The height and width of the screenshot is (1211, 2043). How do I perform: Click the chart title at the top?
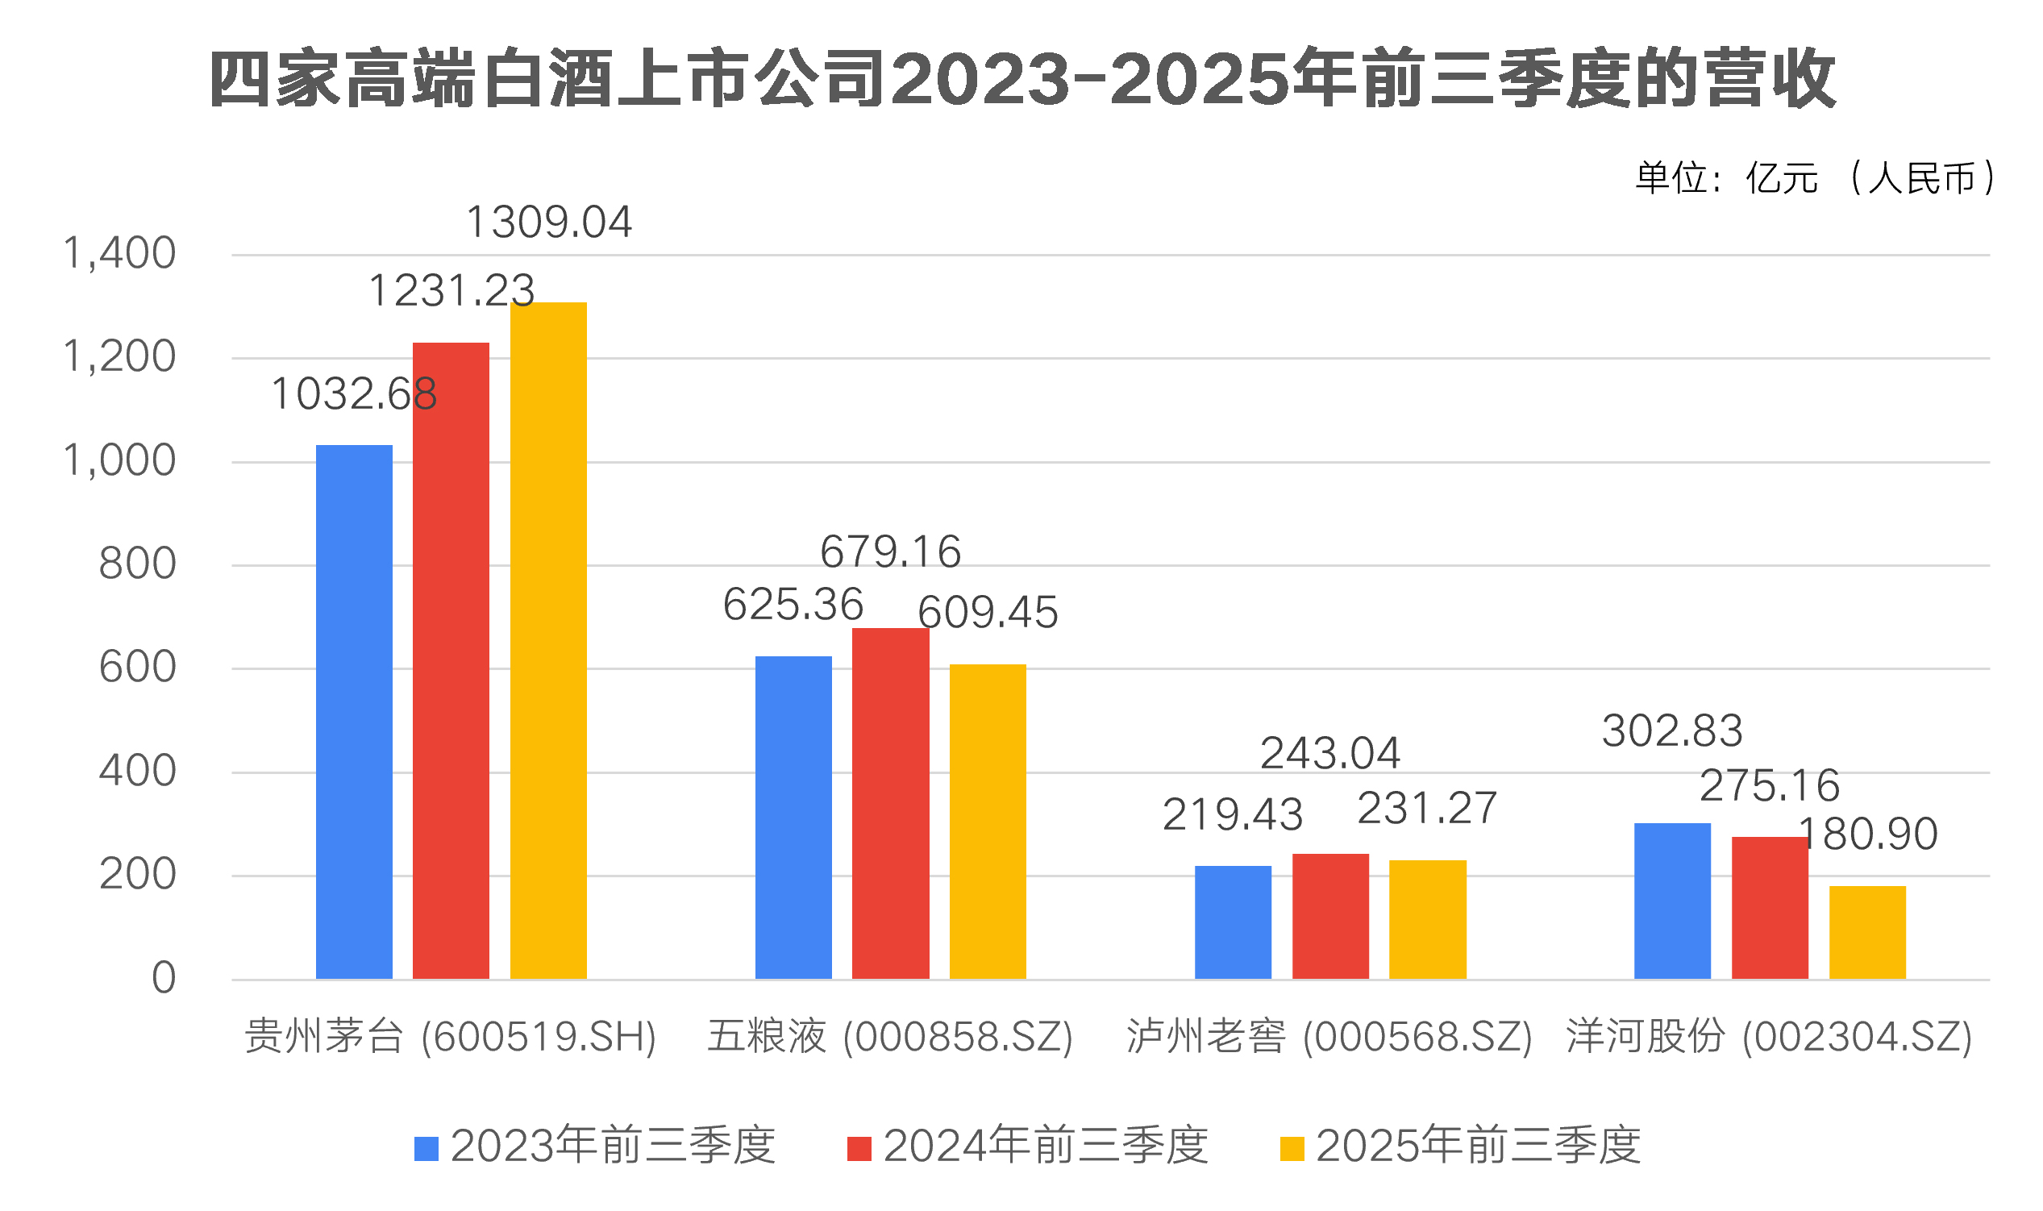[x=1021, y=79]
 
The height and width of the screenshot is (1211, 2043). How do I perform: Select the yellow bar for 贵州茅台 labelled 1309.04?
[x=548, y=641]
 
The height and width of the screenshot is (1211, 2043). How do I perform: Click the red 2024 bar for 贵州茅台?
[x=451, y=661]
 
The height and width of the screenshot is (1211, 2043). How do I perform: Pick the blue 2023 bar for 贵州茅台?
[x=353, y=712]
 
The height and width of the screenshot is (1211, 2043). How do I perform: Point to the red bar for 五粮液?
[x=890, y=804]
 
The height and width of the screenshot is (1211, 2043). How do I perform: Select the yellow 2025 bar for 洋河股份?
[x=1866, y=932]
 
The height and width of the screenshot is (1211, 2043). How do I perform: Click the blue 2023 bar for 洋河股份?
[x=1672, y=901]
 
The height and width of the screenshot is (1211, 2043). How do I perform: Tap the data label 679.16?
[x=890, y=551]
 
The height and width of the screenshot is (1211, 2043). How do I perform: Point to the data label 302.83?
[x=1672, y=730]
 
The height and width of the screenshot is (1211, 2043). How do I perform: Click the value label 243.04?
[x=1330, y=753]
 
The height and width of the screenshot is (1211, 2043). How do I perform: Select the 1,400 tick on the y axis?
[x=119, y=253]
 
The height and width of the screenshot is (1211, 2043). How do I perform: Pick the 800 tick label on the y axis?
[x=137, y=564]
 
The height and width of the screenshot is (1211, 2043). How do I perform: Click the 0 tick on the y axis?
[x=163, y=978]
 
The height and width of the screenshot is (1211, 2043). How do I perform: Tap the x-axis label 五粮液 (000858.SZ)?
[x=889, y=1037]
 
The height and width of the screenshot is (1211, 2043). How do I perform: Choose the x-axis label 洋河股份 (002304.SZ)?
[x=1769, y=1037]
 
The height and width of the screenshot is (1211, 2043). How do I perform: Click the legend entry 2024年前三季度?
[x=1028, y=1146]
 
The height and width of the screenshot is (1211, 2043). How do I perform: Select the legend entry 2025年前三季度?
[x=1460, y=1146]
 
